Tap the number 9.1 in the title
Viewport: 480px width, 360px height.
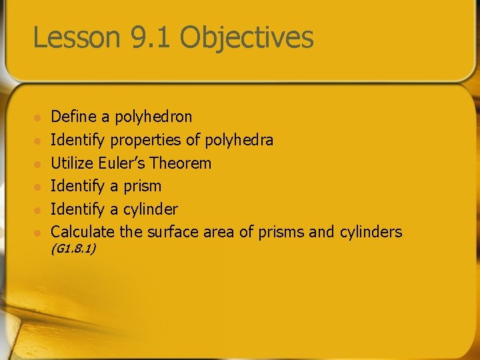(151, 37)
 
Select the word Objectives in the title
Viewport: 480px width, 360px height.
(247, 37)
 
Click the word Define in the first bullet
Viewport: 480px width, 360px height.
(73, 117)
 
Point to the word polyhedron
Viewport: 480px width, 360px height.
(153, 117)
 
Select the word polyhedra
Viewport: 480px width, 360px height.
(239, 140)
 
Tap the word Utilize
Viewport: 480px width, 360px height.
(73, 163)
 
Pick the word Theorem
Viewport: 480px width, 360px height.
(181, 163)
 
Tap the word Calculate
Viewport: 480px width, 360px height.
(83, 232)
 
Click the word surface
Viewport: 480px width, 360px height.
(168, 232)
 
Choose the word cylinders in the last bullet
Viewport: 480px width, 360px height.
(370, 232)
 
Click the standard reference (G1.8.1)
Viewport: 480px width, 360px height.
(73, 249)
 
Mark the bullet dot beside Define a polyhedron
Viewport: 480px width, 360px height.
(38, 118)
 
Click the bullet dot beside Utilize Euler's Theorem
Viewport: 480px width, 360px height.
(38, 164)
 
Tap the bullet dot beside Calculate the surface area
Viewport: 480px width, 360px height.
(38, 233)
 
